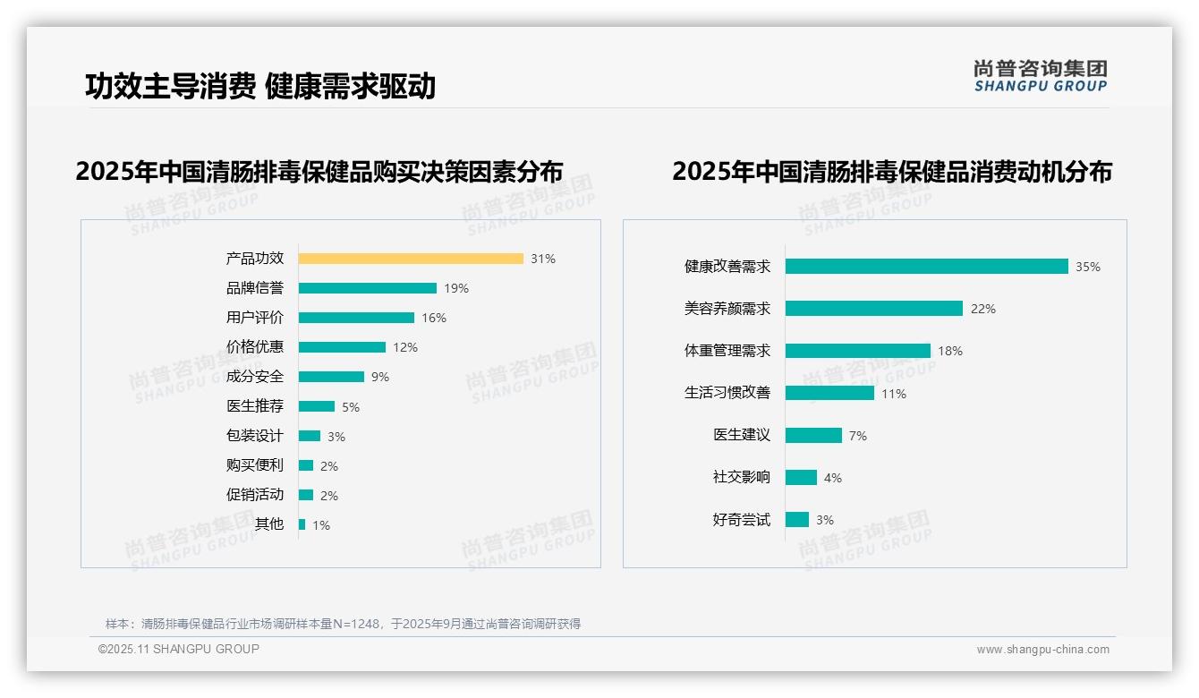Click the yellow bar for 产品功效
click(x=411, y=259)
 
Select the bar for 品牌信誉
click(x=367, y=288)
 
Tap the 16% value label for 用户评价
click(x=434, y=318)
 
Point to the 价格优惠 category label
click(x=255, y=347)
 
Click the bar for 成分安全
click(x=331, y=377)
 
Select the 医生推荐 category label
click(x=255, y=406)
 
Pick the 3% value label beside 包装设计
click(x=336, y=437)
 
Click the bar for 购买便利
click(x=306, y=465)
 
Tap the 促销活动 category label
click(x=255, y=495)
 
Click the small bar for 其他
click(x=302, y=524)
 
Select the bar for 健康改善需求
click(x=926, y=267)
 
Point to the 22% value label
click(x=983, y=309)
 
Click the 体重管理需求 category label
click(x=727, y=351)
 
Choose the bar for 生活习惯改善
click(x=829, y=393)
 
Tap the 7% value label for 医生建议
click(x=857, y=436)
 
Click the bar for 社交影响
click(x=801, y=478)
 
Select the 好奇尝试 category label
click(x=741, y=520)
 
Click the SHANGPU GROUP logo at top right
click(x=1040, y=76)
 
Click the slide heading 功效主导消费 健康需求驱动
click(x=260, y=86)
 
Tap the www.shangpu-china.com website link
click(x=1042, y=650)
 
